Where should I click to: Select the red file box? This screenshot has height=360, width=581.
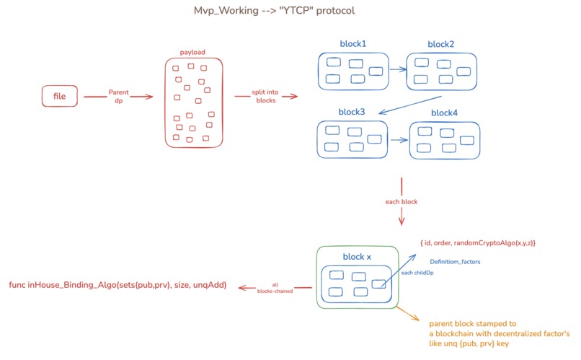59,96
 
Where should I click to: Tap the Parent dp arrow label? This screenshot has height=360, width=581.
118,96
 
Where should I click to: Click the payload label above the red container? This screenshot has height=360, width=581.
193,53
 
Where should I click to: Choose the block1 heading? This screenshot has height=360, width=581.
353,44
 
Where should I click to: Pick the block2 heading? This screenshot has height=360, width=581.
441,44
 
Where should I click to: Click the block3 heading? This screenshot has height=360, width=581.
352,113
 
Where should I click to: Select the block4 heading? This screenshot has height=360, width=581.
444,113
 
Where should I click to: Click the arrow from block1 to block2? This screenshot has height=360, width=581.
398,71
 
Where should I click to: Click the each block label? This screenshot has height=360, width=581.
401,201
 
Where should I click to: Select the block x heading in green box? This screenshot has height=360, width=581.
357,256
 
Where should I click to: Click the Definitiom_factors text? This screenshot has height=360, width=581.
455,261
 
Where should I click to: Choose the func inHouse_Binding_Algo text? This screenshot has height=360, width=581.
117,286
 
